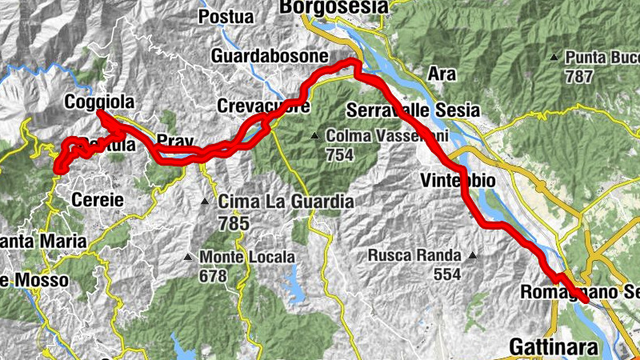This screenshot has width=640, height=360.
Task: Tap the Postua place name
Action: pos(226,16)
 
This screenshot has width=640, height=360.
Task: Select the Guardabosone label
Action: pos(270,57)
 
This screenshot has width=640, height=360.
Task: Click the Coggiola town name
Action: pos(98,102)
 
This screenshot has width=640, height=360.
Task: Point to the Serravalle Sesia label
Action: pos(413,110)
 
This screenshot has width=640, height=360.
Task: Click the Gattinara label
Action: pos(553,347)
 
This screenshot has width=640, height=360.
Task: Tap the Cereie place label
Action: pos(98,200)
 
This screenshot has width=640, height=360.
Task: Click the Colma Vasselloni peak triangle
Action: pos(317,135)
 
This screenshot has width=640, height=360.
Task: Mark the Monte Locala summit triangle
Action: pos(188,258)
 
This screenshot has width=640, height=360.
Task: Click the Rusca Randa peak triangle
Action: pos(473,256)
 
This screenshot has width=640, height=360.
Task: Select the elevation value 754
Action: pos(339,154)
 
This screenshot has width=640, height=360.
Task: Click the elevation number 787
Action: pos(578,77)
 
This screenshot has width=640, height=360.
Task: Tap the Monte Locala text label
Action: pos(247,258)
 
